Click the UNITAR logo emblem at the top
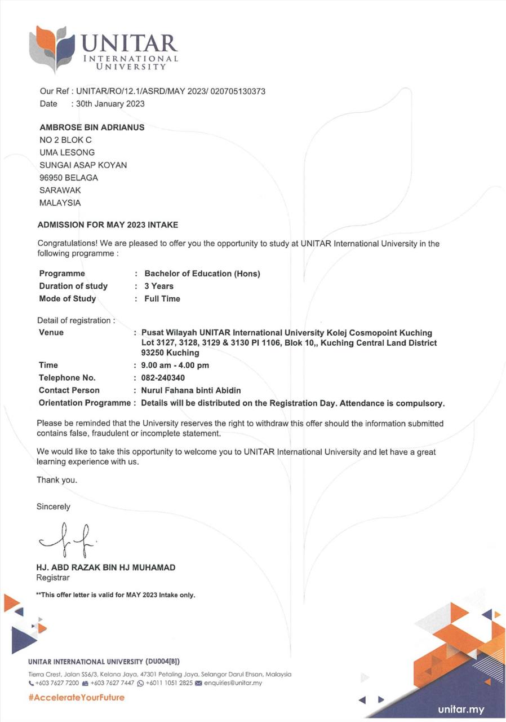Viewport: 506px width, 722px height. point(51,48)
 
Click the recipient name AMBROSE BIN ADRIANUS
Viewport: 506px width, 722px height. point(92,127)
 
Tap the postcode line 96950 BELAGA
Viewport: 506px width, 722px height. point(69,178)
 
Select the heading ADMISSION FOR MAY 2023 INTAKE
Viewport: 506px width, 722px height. point(108,224)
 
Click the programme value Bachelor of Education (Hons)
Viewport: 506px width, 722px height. point(202,274)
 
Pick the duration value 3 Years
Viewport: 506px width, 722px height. point(159,286)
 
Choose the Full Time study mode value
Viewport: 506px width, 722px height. point(162,298)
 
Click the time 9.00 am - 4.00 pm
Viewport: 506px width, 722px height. point(175,365)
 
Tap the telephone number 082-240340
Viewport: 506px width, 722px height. point(163,377)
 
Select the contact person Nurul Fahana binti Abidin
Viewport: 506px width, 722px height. point(191,390)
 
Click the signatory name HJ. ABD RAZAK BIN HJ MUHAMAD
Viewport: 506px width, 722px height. point(105,567)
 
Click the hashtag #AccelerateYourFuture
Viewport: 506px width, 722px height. point(76,697)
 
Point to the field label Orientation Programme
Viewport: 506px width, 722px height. point(85,403)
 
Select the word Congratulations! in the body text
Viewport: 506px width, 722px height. point(63,244)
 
